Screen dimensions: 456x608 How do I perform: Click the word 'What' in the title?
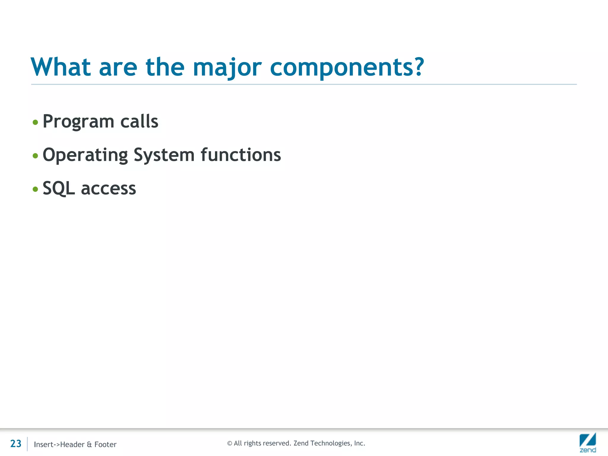coord(61,67)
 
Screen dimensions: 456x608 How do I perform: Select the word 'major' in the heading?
coord(227,68)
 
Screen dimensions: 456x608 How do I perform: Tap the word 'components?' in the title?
coord(347,68)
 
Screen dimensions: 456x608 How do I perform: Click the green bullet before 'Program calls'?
coord(35,122)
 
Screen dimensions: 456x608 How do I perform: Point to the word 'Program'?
coord(78,122)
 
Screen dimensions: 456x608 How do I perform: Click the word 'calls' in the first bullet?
coord(139,122)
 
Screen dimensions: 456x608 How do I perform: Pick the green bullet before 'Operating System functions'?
coord(35,156)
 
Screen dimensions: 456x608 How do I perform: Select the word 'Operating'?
coord(85,155)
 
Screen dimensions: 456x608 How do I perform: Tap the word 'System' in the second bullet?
coord(164,155)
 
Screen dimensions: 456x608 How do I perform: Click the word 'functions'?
coord(241,155)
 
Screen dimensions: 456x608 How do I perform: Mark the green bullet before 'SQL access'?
coord(35,189)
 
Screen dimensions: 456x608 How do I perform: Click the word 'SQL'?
coord(58,189)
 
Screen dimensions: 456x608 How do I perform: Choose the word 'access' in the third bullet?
coord(108,189)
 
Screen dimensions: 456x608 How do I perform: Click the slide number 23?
coord(16,444)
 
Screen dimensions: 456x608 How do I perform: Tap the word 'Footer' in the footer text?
coord(105,444)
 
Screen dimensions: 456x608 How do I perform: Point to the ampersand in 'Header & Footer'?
coord(89,444)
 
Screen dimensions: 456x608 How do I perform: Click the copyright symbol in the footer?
coord(229,443)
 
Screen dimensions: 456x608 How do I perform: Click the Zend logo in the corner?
coord(588,442)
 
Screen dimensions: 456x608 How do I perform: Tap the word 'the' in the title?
coord(165,67)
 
